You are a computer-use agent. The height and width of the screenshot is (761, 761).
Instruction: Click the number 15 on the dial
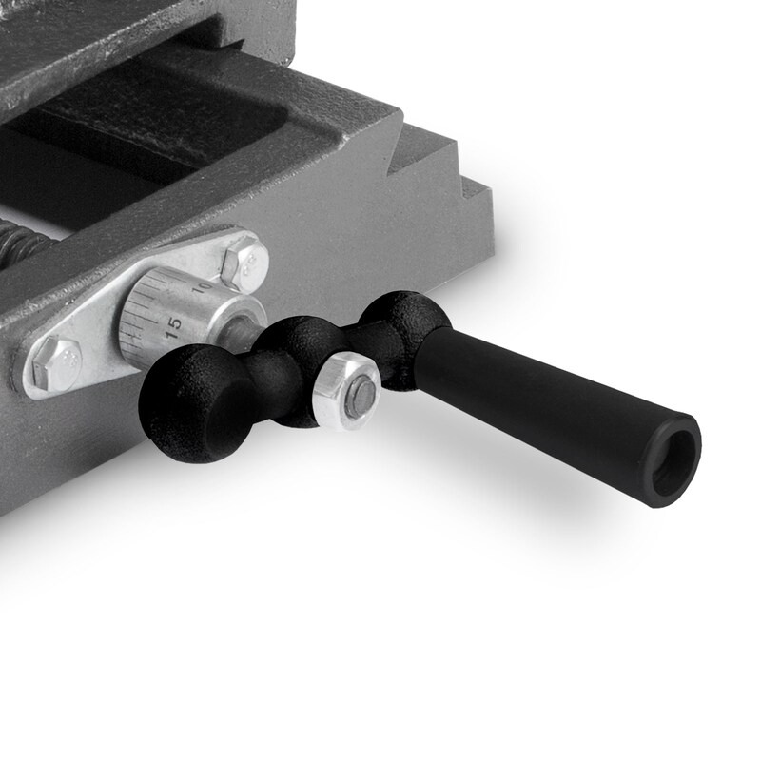pyautogui.click(x=174, y=328)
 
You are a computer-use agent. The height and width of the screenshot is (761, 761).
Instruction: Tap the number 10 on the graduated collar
pyautogui.click(x=202, y=289)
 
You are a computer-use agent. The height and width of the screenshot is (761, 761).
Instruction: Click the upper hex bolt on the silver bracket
pyautogui.click(x=244, y=264)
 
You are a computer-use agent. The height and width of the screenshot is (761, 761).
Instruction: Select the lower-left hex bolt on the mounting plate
pyautogui.click(x=56, y=363)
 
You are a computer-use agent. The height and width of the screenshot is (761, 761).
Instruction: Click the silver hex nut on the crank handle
pyautogui.click(x=346, y=392)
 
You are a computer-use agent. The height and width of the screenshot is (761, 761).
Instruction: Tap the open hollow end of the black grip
pyautogui.click(x=674, y=459)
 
